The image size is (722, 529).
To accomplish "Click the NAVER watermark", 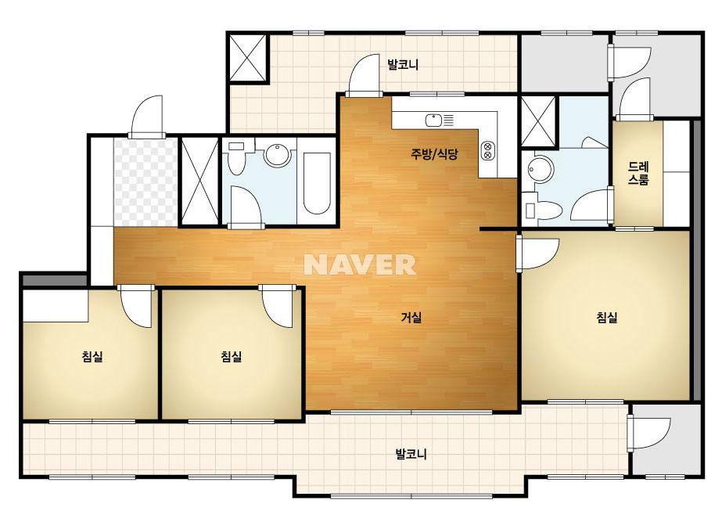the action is [360, 264].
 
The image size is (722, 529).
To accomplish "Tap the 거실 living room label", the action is [411, 317].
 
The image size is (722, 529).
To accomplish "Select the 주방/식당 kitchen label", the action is [434, 154].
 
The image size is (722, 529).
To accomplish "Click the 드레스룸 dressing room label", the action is [638, 173].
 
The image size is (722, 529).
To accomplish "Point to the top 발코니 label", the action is [403, 64].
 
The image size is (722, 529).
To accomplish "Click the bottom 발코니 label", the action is [411, 454].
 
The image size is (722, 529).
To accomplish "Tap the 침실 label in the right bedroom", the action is [606, 317].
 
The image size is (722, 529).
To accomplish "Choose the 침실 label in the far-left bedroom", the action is [92, 356].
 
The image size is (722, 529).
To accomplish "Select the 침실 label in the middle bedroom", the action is [232, 356].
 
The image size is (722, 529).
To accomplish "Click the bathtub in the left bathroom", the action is [317, 183].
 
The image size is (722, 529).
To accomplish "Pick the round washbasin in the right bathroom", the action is [540, 169].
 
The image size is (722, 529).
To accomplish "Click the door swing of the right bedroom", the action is [537, 254].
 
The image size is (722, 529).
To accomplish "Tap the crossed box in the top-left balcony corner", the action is [248, 58].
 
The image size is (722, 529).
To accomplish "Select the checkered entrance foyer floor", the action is [145, 182].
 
